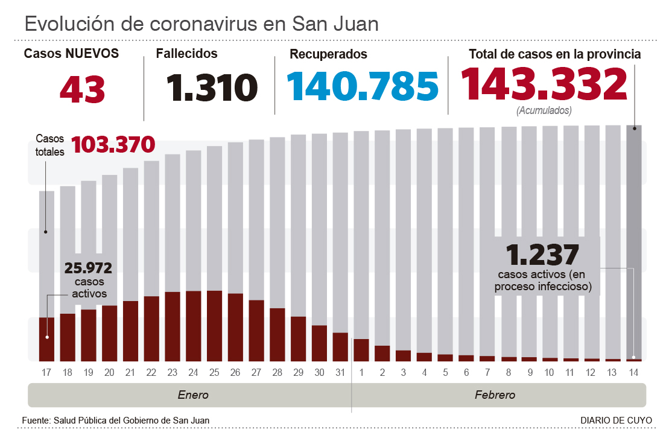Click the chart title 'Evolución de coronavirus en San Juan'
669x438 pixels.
[201, 24]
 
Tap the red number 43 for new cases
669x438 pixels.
[83, 89]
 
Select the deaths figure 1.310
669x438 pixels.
[212, 87]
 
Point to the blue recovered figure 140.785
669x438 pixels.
[362, 86]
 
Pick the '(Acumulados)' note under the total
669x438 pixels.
[544, 111]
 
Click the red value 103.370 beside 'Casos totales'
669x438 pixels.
[113, 145]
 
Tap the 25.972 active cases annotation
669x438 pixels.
[89, 267]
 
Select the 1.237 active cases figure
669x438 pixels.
[543, 254]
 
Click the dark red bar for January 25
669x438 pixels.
[214, 326]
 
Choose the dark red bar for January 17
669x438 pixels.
[47, 338]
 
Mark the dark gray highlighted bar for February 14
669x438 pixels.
[633, 241]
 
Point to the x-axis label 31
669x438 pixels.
[340, 372]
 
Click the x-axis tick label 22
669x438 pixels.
[151, 372]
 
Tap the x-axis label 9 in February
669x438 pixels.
[529, 372]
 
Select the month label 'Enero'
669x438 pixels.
[193, 396]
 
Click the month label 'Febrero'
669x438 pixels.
[495, 396]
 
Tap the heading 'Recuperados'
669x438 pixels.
[328, 54]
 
